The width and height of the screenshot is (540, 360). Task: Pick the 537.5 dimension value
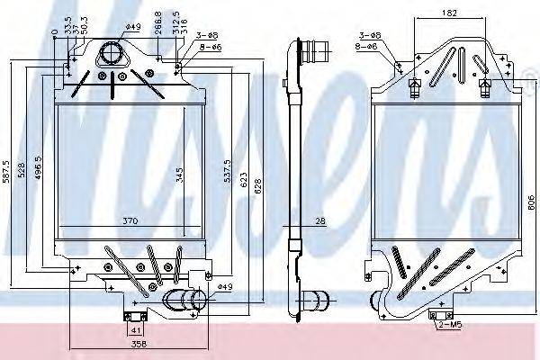point(227,170)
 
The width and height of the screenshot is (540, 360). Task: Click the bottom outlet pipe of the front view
point(184,300)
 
